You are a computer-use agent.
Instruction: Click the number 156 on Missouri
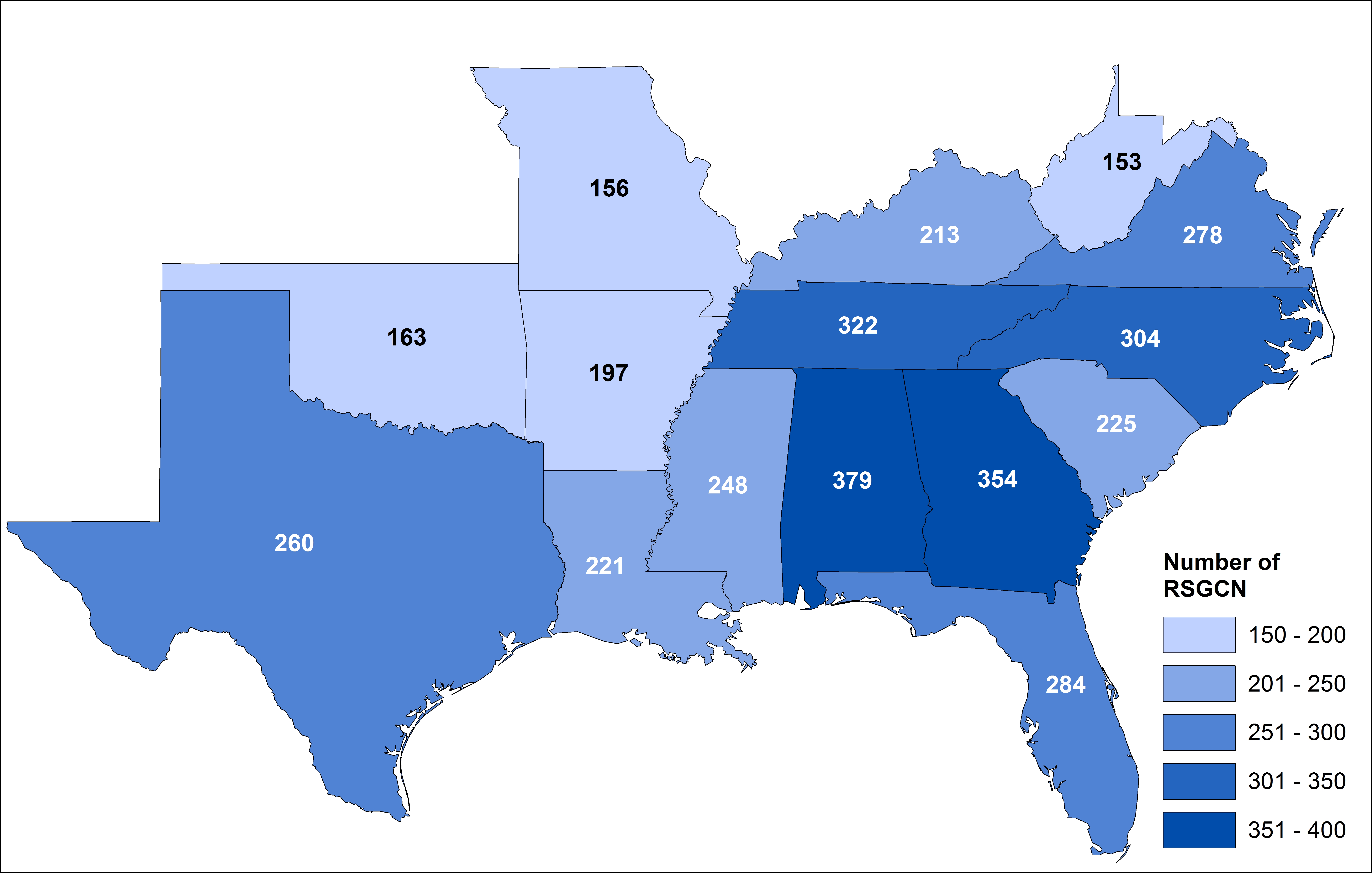pyautogui.click(x=609, y=189)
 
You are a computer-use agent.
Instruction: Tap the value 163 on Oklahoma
pyautogui.click(x=407, y=337)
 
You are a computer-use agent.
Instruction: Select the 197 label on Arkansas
pyautogui.click(x=608, y=373)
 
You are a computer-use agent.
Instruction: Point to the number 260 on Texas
pyautogui.click(x=294, y=543)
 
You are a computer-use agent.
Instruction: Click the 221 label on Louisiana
pyautogui.click(x=605, y=566)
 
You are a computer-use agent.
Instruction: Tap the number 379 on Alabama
pyautogui.click(x=852, y=480)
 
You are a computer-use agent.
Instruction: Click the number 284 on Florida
pyautogui.click(x=1065, y=684)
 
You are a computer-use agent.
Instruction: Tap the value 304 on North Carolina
pyautogui.click(x=1140, y=338)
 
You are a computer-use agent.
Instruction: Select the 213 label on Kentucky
pyautogui.click(x=940, y=235)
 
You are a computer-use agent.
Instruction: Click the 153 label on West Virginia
pyautogui.click(x=1122, y=162)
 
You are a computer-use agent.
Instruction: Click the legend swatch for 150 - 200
pyautogui.click(x=1199, y=635)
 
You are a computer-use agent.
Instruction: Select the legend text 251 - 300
pyautogui.click(x=1297, y=732)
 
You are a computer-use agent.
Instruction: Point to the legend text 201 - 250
pyautogui.click(x=1297, y=684)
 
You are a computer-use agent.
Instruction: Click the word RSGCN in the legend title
pyautogui.click(x=1205, y=589)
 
